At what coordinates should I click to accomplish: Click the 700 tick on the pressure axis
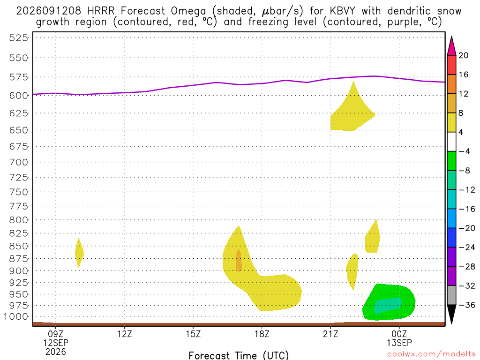[x=18, y=162]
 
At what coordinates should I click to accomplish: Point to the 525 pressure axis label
[x=18, y=38]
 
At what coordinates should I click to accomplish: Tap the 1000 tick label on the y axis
[x=16, y=316]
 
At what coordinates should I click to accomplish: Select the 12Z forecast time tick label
[x=124, y=334]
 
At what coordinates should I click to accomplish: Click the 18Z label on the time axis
[x=262, y=334]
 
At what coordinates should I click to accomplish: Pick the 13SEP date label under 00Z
[x=399, y=343]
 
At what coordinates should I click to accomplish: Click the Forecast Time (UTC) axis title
[x=239, y=355]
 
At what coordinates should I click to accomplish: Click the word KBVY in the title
[x=342, y=11]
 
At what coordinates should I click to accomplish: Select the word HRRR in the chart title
[x=101, y=11]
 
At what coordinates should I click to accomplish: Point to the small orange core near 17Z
[x=239, y=261]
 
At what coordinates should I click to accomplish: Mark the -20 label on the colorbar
[x=467, y=228]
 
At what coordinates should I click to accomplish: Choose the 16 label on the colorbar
[x=464, y=75]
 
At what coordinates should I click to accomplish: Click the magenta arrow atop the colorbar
[x=451, y=46]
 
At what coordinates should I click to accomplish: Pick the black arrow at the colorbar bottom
[x=451, y=314]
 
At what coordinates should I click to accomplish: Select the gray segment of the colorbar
[x=451, y=295]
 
